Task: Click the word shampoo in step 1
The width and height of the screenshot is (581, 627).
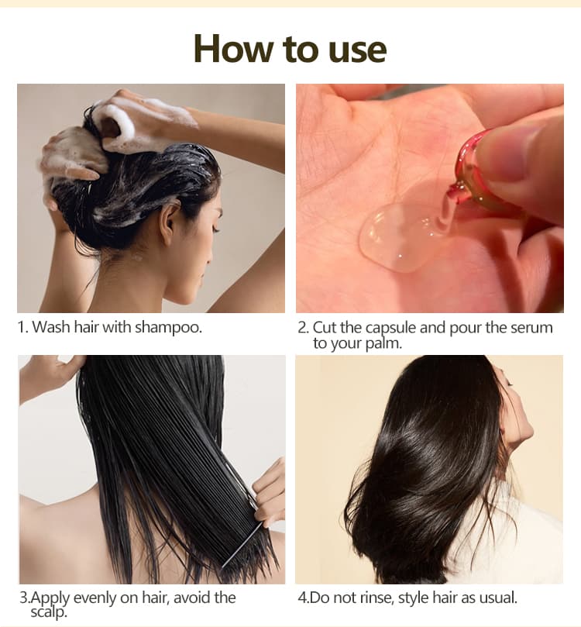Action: (168, 328)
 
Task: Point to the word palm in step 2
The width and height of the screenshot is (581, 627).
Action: (383, 344)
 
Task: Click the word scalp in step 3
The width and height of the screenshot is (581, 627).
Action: (48, 611)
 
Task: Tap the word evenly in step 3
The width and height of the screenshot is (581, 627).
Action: (95, 598)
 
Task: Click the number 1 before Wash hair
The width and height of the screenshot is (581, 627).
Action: (21, 328)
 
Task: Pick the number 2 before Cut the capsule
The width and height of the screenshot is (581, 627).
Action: (302, 328)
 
